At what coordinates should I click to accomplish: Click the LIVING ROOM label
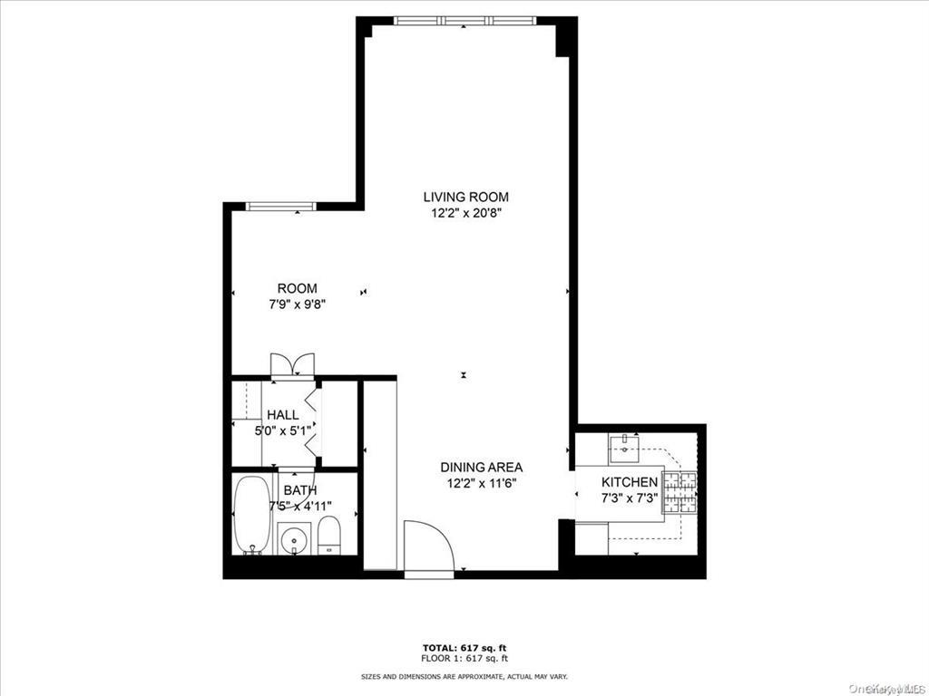pos(465,197)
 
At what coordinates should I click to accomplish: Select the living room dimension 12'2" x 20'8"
pos(465,214)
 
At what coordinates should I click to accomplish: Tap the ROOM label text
pos(297,288)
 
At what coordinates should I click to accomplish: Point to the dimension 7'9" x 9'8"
pos(297,305)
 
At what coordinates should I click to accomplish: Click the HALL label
pos(282,415)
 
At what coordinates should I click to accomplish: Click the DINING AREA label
pos(481,467)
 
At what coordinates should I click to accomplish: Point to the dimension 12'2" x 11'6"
pos(481,484)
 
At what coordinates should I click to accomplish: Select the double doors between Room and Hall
pos(292,365)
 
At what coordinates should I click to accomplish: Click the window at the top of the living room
pos(465,21)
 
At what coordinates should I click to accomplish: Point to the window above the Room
pos(282,207)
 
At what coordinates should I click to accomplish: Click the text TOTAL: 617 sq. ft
pos(464,647)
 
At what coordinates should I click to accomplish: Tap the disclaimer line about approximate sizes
pos(464,677)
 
